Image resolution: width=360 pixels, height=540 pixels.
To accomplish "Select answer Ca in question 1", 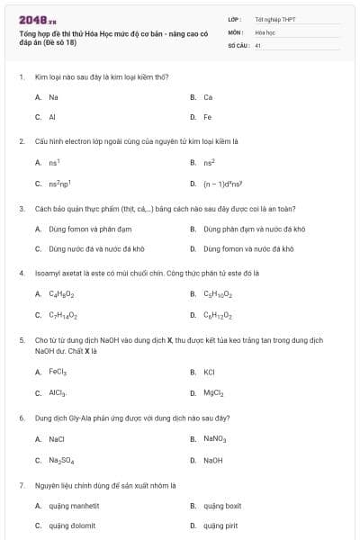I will coord(208,96).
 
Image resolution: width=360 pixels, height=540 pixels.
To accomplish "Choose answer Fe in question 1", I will coord(208,117).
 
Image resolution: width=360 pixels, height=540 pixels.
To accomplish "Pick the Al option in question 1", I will coord(52,117).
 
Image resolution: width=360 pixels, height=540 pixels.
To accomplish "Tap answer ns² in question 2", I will coord(208,162).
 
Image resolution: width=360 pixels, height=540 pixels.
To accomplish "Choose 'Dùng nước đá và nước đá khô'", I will coord(97,248).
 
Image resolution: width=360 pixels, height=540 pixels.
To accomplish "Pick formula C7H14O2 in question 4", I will coord(63,315).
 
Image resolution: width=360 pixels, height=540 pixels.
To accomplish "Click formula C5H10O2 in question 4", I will coord(218,294).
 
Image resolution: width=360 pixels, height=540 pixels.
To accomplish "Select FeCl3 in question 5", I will coord(58,371).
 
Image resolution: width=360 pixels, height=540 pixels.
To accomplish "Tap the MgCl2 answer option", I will coord(213,392).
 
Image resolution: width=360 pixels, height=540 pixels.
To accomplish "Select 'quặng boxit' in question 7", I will coord(221,506).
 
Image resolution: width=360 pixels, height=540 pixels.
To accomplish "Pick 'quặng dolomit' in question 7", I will coord(72,526).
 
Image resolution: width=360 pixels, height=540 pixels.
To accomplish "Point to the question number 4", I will coord(21,271).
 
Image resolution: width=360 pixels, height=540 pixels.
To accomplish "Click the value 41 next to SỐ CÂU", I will coord(257,44).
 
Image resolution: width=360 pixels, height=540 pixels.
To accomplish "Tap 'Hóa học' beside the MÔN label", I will coord(265,31).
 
